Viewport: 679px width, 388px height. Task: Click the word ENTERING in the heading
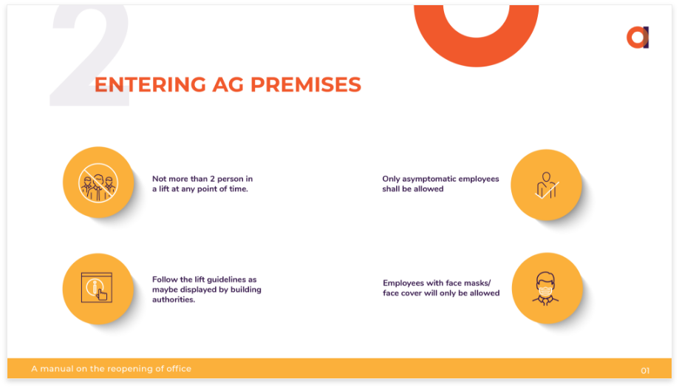coord(150,84)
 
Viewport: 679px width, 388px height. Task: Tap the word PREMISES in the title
coord(306,84)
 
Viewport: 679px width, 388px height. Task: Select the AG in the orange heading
coord(228,84)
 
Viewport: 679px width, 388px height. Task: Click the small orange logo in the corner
coord(638,38)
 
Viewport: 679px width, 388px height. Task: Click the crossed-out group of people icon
coord(98,183)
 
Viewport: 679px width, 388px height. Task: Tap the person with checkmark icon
coord(547,186)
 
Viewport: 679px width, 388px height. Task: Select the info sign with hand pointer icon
coord(97,287)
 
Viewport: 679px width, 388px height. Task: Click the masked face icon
coord(545,288)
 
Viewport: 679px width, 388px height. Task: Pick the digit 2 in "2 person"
coord(212,179)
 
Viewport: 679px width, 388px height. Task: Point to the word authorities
coord(174,299)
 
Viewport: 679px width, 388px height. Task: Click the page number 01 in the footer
coord(645,371)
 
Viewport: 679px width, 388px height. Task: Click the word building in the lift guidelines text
coord(245,290)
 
